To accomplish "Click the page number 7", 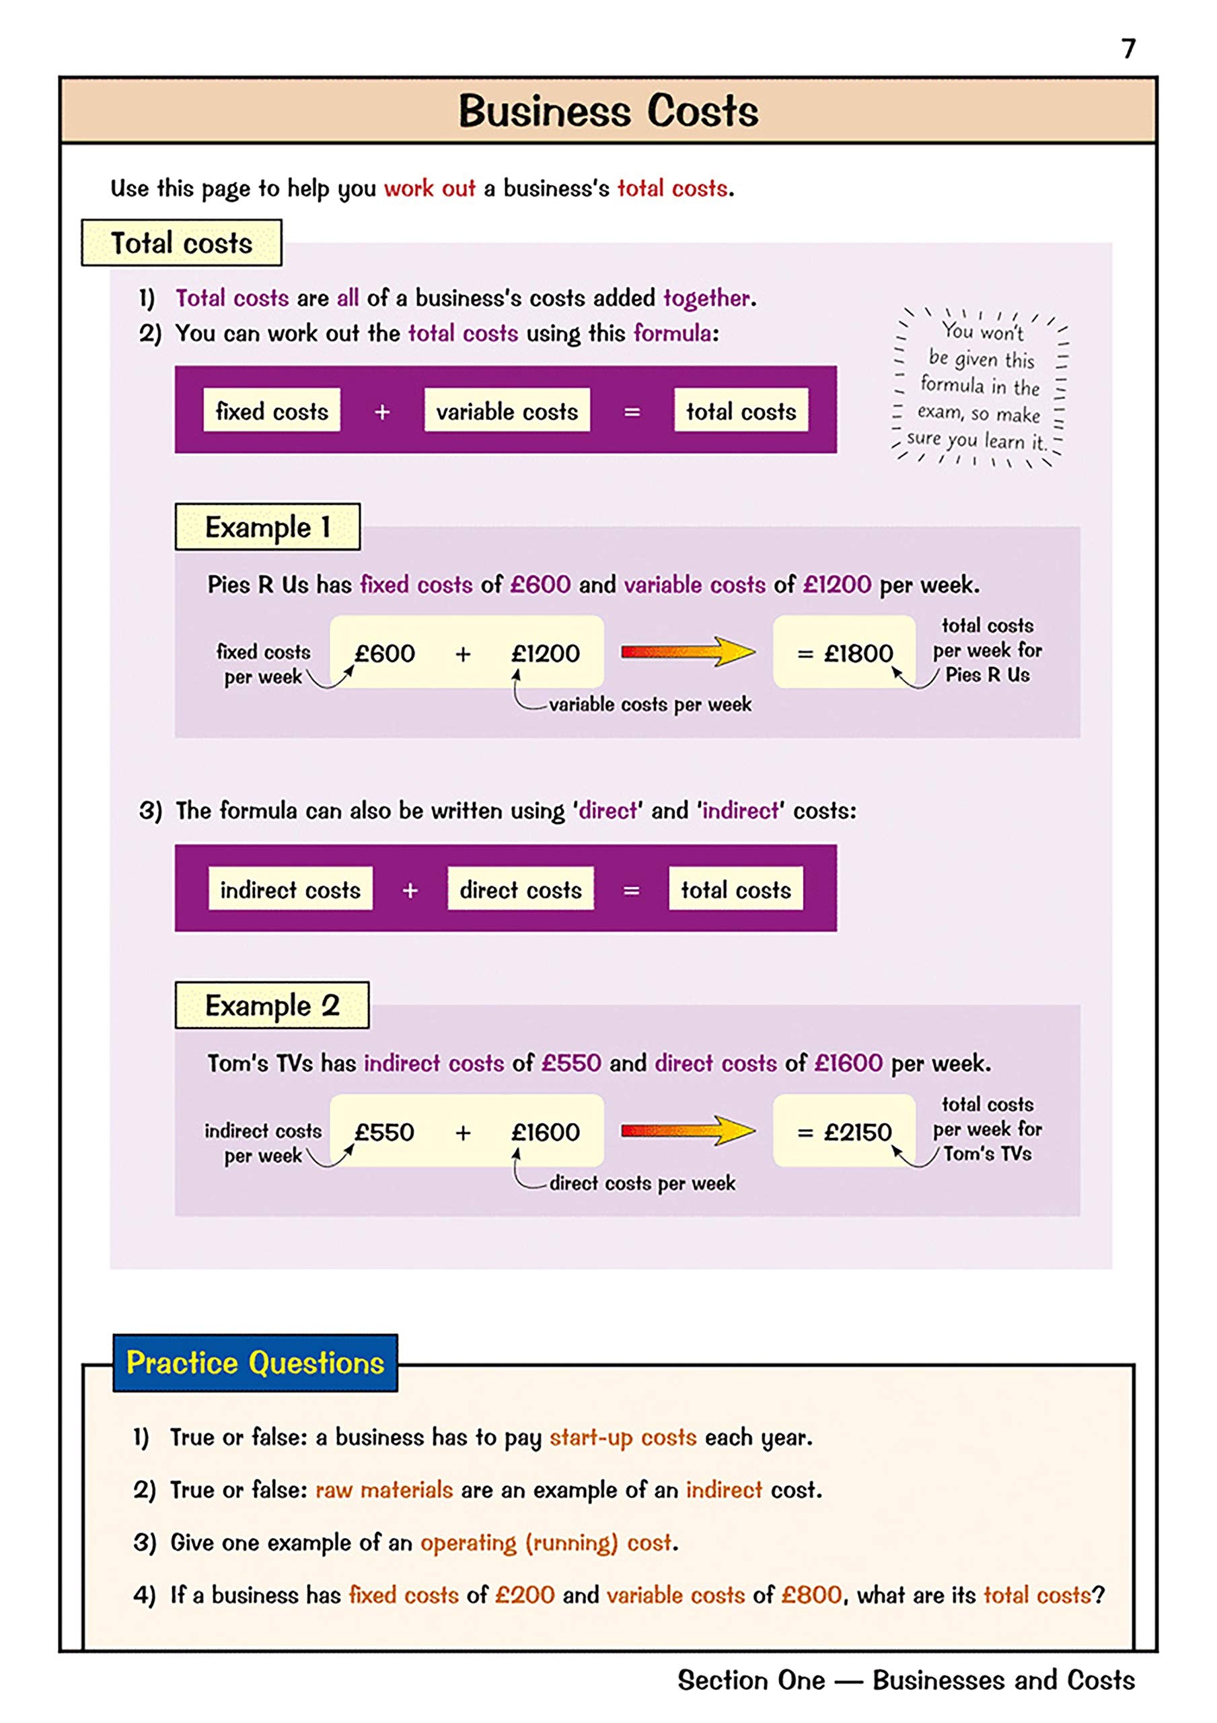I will click(x=1128, y=48).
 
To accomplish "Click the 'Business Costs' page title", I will click(x=607, y=111).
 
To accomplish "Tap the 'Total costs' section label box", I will click(x=182, y=243).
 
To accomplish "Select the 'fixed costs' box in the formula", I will click(x=272, y=411).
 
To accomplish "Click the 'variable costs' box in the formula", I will click(x=507, y=411).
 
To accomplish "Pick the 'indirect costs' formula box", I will click(x=291, y=889).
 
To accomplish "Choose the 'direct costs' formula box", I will click(x=520, y=889).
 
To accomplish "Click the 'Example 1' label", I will click(x=267, y=527).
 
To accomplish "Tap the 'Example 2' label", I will click(x=272, y=1006).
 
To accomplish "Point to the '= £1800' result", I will click(x=845, y=653).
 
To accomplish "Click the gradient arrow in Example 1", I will click(x=688, y=652).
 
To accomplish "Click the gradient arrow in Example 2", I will click(x=688, y=1130).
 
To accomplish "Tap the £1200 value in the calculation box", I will click(x=546, y=653).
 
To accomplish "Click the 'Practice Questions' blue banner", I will click(x=255, y=1363).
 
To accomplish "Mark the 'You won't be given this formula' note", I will click(x=980, y=386).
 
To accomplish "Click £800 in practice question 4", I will click(x=811, y=1594).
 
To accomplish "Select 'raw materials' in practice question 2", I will click(x=384, y=1489).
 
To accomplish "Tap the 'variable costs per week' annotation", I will click(x=650, y=704).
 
